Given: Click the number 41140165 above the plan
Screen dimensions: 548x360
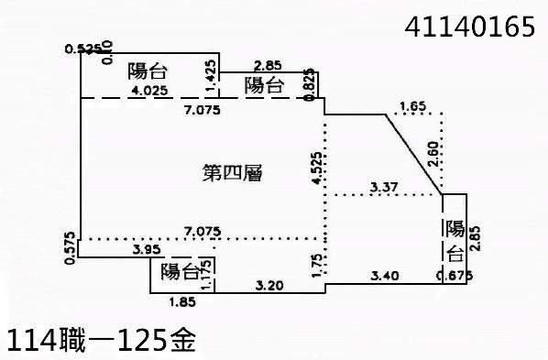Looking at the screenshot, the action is click(x=469, y=27).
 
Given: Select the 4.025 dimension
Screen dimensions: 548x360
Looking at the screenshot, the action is click(x=148, y=91).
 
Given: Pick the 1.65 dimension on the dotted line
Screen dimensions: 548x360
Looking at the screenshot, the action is click(x=414, y=106).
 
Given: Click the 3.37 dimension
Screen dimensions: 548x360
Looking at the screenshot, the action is click(x=385, y=188).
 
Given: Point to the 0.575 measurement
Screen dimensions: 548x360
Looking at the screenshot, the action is click(x=71, y=249).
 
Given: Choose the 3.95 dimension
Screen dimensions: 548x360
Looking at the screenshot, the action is click(x=148, y=249).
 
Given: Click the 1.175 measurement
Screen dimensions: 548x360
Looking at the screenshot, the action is click(x=208, y=272).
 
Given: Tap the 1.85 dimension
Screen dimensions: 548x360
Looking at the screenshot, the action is click(x=183, y=300).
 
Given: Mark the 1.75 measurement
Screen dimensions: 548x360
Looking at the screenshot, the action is click(x=316, y=263).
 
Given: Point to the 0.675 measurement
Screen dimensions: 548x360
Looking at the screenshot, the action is click(x=455, y=275).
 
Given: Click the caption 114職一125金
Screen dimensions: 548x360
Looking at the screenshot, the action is click(x=101, y=341).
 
